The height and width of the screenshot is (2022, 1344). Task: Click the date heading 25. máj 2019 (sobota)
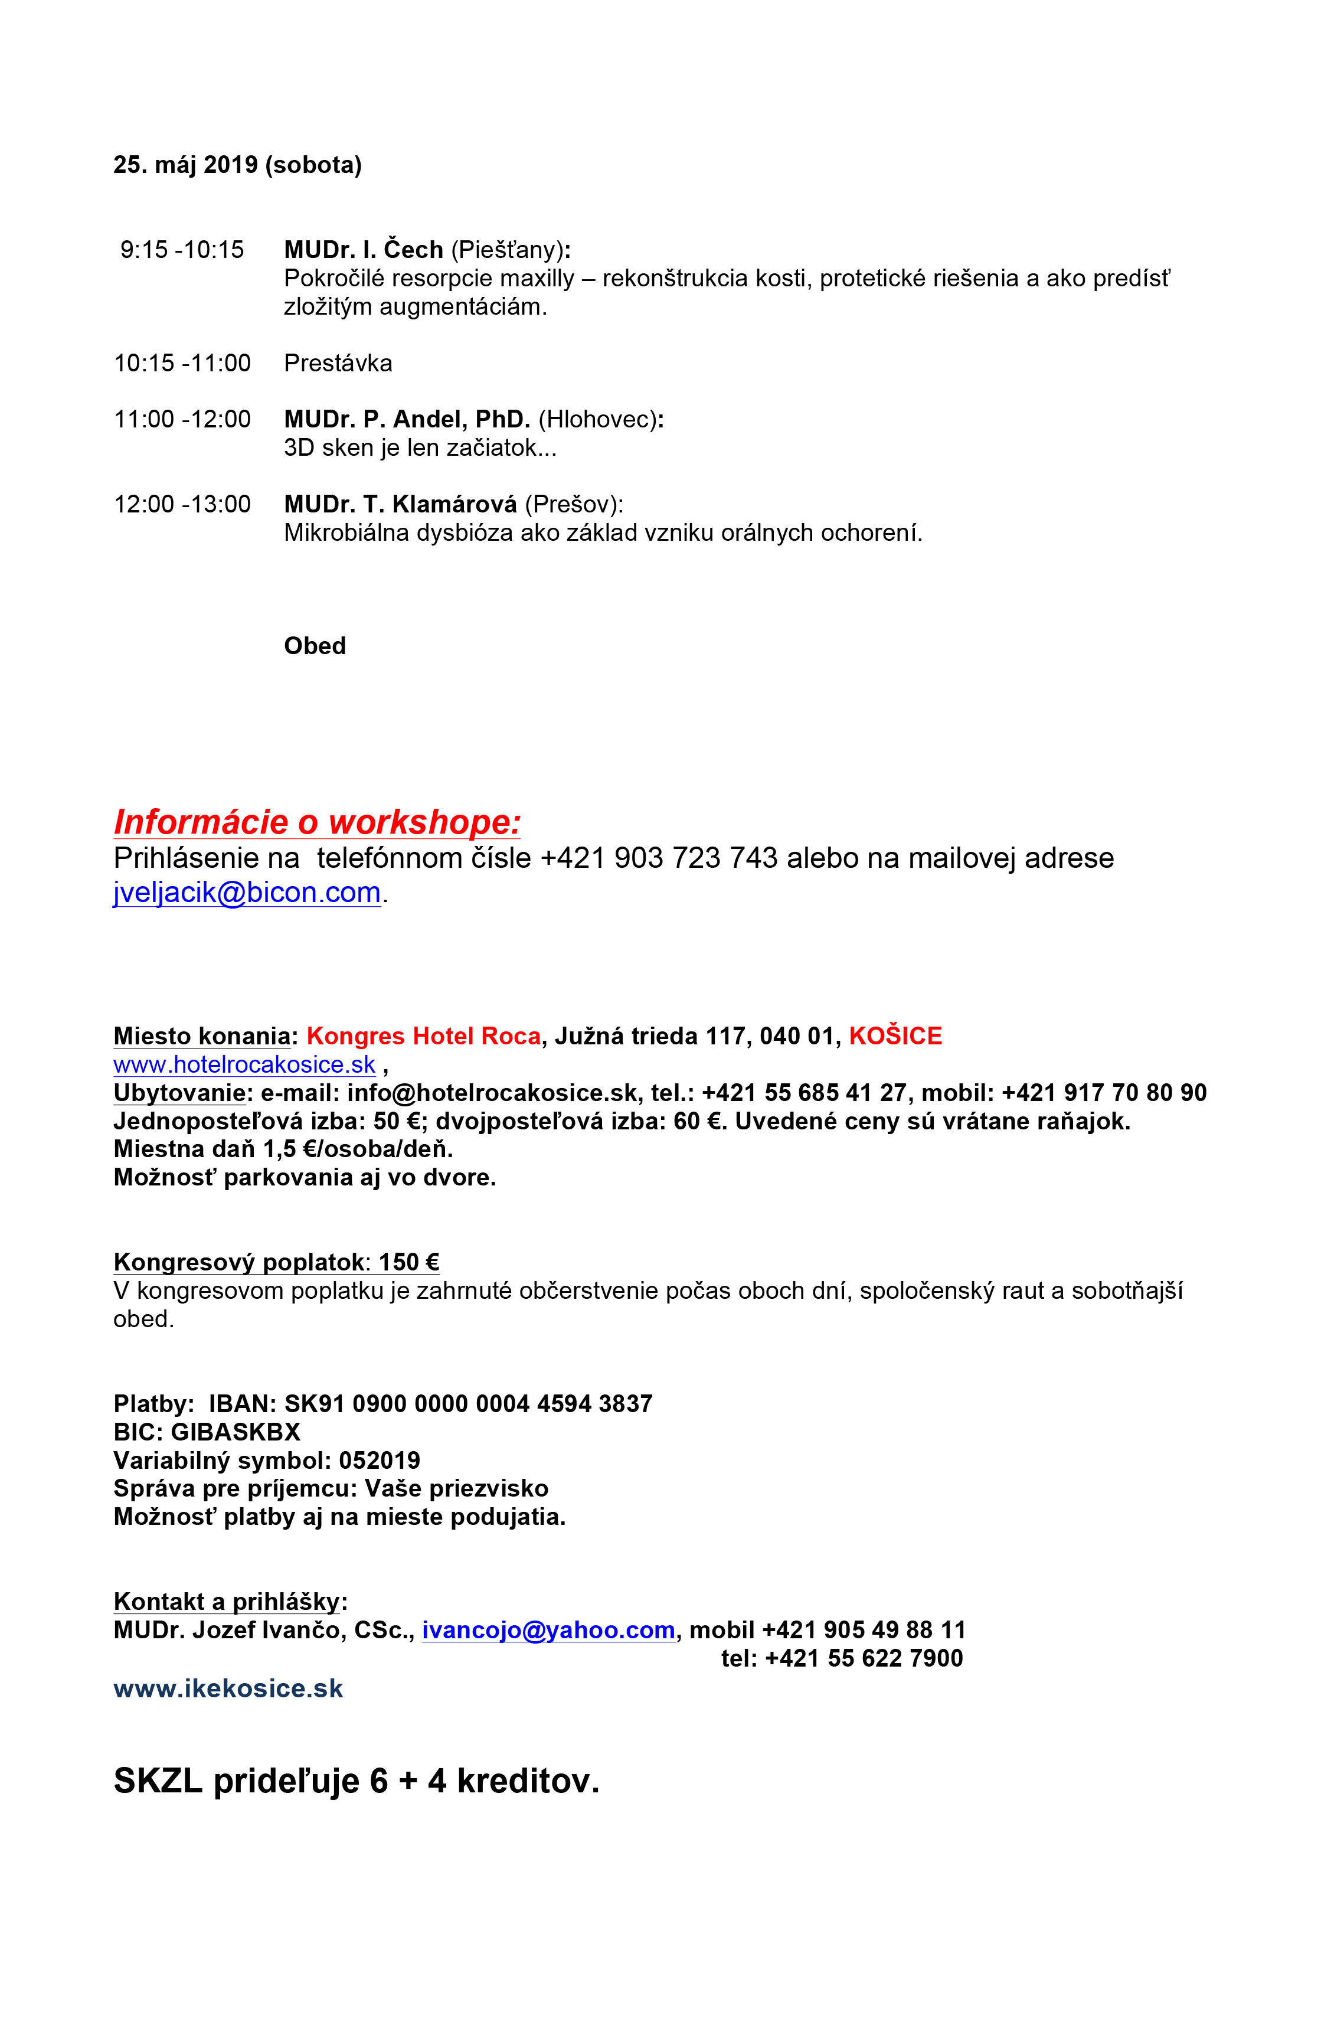(x=237, y=165)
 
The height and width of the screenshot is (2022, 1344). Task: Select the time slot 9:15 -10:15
(x=182, y=249)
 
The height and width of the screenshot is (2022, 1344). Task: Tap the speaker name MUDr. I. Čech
(x=364, y=249)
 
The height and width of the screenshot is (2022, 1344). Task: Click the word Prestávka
(x=338, y=364)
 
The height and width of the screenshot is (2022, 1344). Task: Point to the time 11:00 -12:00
(x=182, y=419)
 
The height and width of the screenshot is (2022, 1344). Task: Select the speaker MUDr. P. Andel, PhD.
(x=407, y=419)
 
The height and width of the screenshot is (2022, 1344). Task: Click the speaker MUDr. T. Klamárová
(x=400, y=504)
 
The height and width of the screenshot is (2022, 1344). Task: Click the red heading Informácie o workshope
(x=316, y=822)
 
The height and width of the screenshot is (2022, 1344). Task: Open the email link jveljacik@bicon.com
(x=247, y=893)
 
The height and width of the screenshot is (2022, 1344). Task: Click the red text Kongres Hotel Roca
(x=423, y=1036)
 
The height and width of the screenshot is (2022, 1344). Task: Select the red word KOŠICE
(x=895, y=1036)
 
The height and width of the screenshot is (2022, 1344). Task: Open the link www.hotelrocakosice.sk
(x=244, y=1064)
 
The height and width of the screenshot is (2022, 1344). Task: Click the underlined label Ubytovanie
(x=179, y=1093)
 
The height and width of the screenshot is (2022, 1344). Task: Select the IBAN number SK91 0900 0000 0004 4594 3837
(x=468, y=1404)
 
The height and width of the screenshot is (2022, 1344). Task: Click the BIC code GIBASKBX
(x=236, y=1432)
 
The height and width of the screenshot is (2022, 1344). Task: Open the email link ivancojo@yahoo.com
(x=548, y=1630)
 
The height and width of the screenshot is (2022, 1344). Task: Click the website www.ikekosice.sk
(x=228, y=1688)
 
